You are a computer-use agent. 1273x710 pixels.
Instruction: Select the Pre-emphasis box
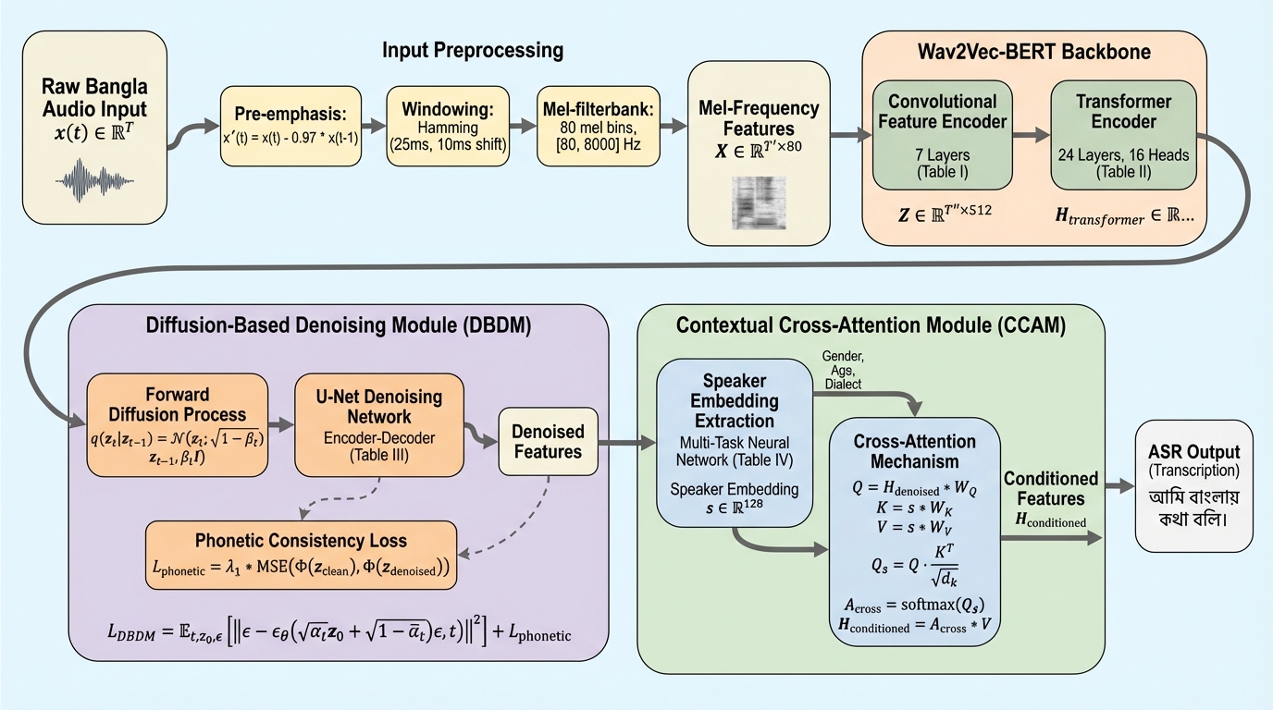click(290, 126)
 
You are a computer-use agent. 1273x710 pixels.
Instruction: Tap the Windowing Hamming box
click(449, 126)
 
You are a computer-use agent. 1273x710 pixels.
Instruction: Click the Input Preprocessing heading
click(473, 50)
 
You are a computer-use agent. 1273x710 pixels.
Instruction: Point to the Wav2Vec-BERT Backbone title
click(1045, 52)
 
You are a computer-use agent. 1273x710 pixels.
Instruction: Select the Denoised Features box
click(549, 442)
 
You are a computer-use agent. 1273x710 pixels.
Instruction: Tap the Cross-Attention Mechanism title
click(914, 450)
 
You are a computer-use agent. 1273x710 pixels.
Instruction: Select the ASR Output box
click(1193, 484)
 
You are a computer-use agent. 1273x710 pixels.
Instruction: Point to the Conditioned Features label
click(1051, 489)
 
